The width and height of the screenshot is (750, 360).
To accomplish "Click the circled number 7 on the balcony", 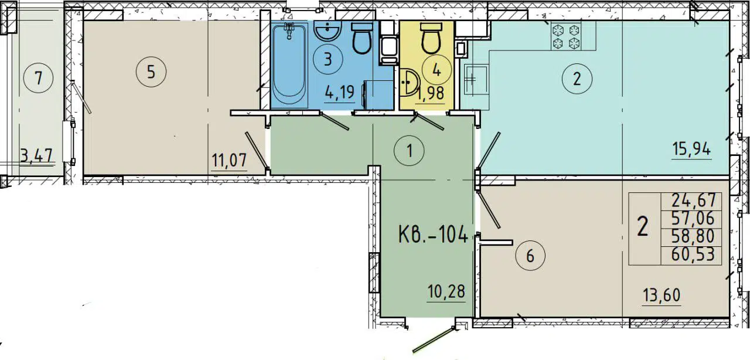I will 39,78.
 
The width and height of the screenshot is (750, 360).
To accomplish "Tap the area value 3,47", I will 36,156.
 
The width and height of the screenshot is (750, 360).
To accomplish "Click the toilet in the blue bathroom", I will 362,39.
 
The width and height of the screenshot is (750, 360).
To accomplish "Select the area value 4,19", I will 339,92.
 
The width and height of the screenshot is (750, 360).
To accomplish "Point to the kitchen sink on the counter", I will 475,79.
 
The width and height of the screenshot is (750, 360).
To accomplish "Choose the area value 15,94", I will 691,150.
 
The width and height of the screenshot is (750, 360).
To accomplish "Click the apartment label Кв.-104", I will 433,236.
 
